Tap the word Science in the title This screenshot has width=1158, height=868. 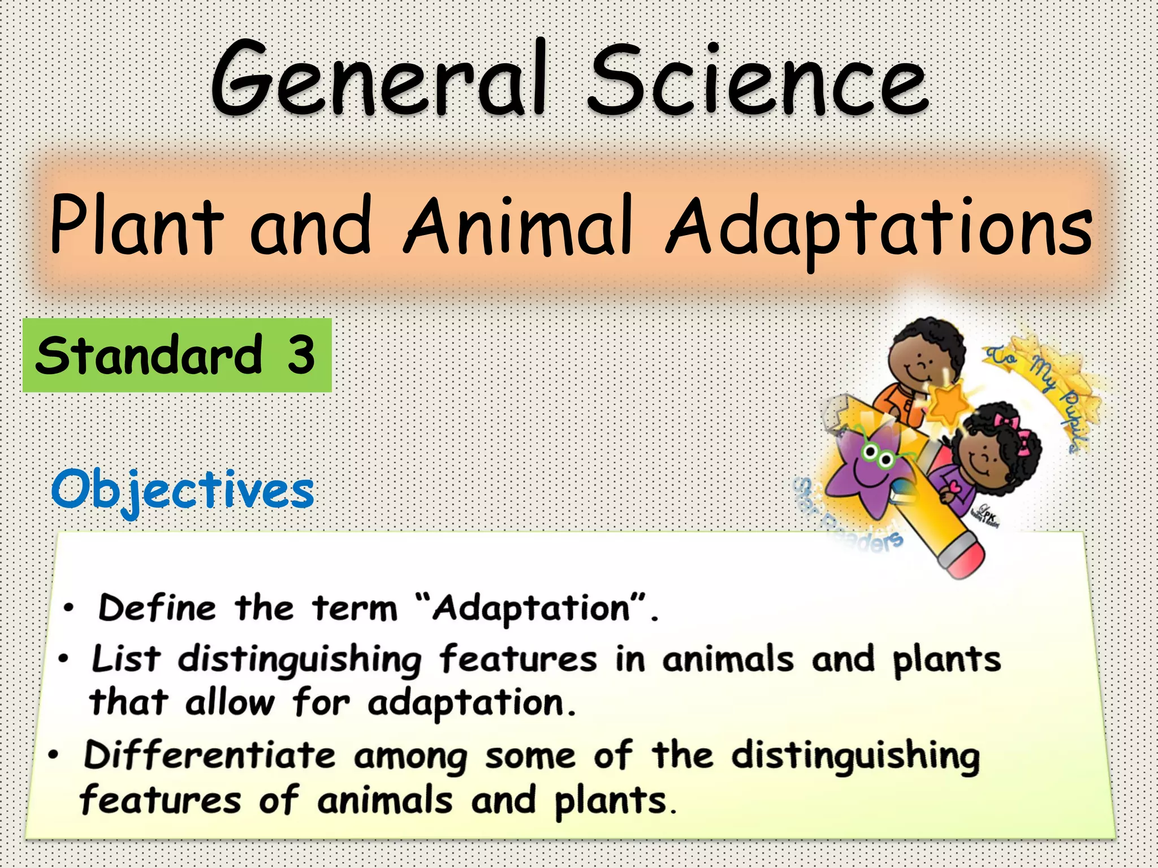coord(758,79)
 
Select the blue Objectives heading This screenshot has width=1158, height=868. coord(182,491)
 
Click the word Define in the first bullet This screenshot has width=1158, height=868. coord(157,608)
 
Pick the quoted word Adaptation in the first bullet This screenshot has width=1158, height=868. coord(531,609)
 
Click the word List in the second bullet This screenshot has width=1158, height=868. coord(126,659)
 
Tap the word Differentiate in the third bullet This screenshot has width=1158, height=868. coord(209,755)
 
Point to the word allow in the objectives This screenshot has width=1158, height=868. coord(229,703)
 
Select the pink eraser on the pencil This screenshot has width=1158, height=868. coord(962,557)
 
